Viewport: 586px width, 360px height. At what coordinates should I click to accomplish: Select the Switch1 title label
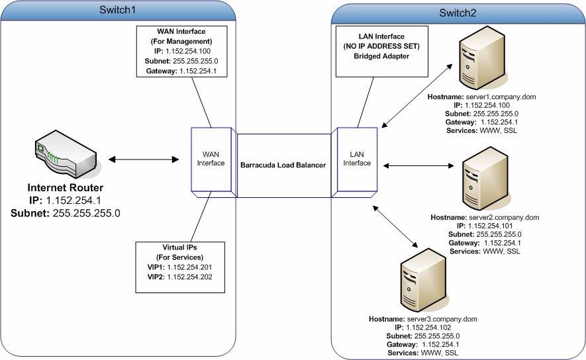click(118, 11)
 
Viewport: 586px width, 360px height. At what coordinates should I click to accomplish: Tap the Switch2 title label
click(458, 13)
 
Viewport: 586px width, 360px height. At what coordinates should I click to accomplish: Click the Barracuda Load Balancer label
click(283, 165)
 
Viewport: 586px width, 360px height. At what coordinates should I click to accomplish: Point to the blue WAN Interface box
click(210, 159)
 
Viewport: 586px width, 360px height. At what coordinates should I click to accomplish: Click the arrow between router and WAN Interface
click(144, 159)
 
